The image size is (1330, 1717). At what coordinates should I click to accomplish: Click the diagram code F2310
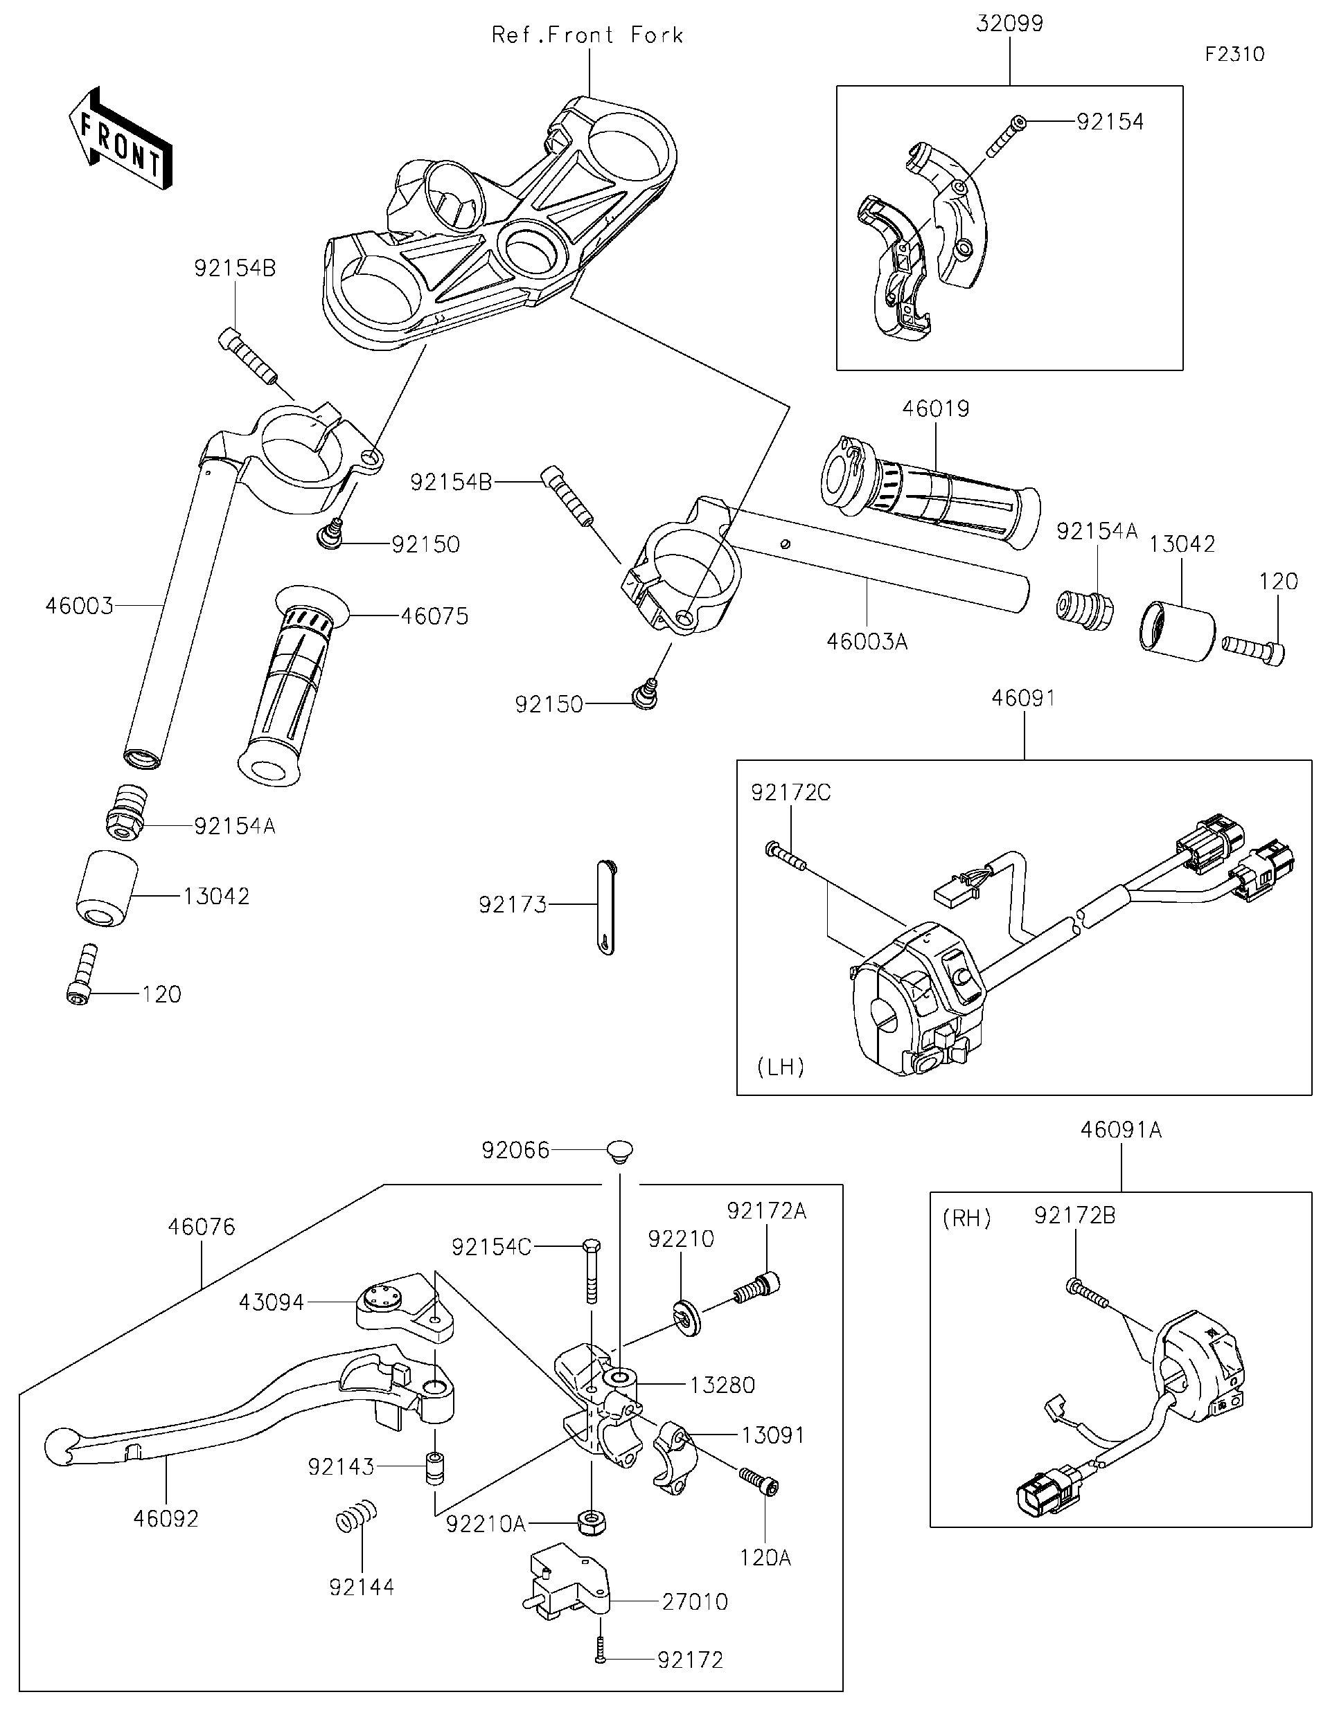click(1234, 54)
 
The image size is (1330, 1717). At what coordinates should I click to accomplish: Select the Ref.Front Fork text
click(587, 35)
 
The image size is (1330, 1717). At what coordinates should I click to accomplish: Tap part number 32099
click(1009, 24)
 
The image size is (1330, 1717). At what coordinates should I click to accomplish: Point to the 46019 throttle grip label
click(935, 408)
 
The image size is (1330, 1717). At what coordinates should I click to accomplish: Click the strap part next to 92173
click(605, 906)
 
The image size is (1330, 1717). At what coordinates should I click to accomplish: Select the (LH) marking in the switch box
click(781, 1067)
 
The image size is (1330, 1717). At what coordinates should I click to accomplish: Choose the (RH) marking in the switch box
click(966, 1218)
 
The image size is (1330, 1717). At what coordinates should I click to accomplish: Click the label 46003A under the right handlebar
click(867, 642)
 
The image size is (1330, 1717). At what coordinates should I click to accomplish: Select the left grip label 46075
click(434, 615)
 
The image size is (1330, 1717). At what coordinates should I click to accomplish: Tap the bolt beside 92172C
click(785, 856)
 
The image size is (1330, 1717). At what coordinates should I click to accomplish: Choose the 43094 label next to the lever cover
click(272, 1303)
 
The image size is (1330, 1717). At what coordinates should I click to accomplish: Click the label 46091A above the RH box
click(1121, 1130)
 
